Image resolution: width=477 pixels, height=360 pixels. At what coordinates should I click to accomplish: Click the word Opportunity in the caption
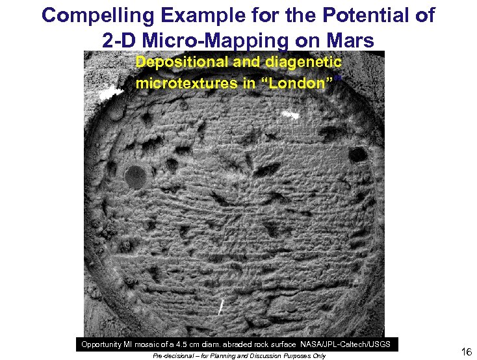coord(106,343)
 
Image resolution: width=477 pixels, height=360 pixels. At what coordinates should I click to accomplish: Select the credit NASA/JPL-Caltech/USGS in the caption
coord(350,343)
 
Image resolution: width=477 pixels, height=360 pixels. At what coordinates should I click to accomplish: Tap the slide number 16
coord(466,352)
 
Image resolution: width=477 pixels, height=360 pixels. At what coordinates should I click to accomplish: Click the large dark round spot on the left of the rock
coord(135,175)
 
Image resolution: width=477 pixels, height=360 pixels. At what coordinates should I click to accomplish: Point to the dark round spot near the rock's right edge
coord(357,155)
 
